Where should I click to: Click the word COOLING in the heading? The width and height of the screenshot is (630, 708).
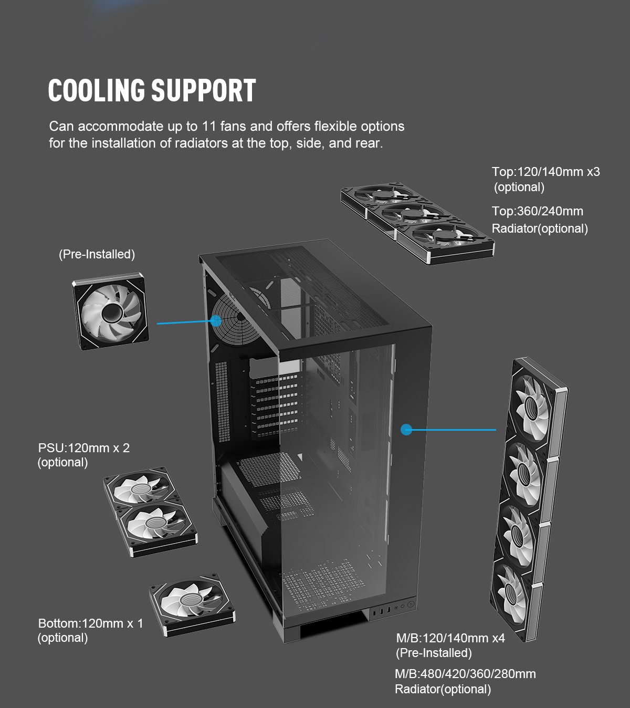pyautogui.click(x=97, y=90)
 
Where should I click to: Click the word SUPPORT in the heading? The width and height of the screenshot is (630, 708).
pyautogui.click(x=204, y=90)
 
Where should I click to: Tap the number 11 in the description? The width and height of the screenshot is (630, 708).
pyautogui.click(x=209, y=127)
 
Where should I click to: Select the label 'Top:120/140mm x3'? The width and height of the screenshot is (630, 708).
pyautogui.click(x=545, y=172)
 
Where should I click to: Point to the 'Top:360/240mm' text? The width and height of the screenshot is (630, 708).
pyautogui.click(x=537, y=211)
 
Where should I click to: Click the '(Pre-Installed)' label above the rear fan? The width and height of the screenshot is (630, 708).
pyautogui.click(x=97, y=254)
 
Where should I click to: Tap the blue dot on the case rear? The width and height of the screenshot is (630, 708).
pyautogui.click(x=216, y=320)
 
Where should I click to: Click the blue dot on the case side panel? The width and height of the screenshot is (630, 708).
pyautogui.click(x=406, y=430)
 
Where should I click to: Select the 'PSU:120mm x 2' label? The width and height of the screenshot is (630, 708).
pyautogui.click(x=83, y=448)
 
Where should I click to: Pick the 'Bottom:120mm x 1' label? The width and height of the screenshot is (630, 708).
pyautogui.click(x=90, y=623)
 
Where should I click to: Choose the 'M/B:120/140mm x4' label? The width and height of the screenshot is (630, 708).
pyautogui.click(x=450, y=638)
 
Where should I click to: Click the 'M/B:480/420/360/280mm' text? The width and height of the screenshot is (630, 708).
pyautogui.click(x=465, y=674)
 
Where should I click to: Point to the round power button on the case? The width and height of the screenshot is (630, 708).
pyautogui.click(x=411, y=604)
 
